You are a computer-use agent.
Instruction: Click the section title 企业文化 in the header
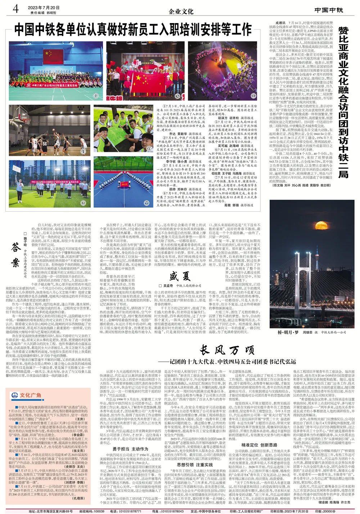tap(180, 11)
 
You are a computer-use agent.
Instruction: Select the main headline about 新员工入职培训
tap(133, 30)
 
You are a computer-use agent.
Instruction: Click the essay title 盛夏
tap(180, 276)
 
